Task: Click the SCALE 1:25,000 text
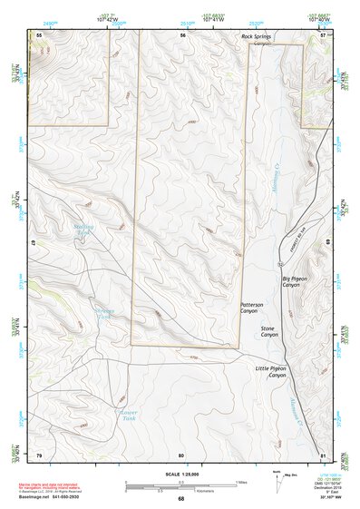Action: [180, 473]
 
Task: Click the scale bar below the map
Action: [180, 485]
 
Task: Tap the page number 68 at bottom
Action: [180, 498]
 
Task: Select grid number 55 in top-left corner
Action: [38, 34]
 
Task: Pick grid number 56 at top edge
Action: [182, 34]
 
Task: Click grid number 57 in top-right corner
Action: [323, 34]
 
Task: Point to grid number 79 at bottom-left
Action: [38, 454]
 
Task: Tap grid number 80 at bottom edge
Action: [181, 454]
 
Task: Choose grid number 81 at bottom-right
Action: [323, 454]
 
